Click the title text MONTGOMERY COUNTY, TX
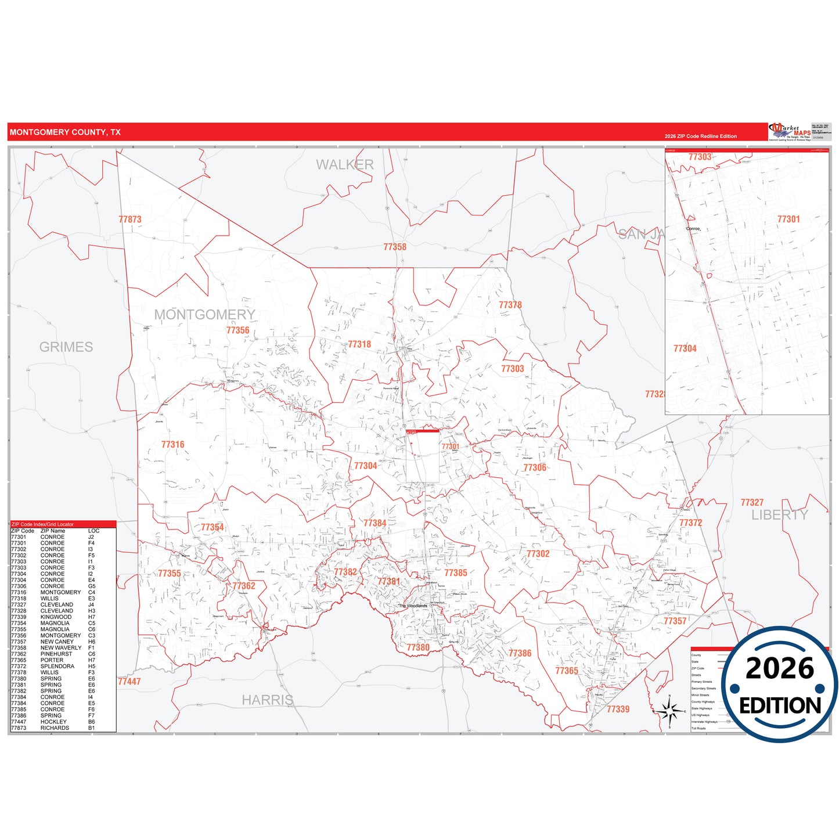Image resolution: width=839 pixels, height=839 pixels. tap(65, 132)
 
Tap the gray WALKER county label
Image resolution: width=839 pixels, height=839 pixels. tap(345, 165)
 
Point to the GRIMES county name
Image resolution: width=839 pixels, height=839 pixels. tap(66, 347)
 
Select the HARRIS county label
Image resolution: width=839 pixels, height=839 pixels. tap(268, 700)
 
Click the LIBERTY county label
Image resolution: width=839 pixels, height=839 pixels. tap(780, 515)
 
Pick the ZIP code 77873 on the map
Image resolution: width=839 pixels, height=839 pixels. tap(130, 219)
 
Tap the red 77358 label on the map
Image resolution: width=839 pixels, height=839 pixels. tap(395, 247)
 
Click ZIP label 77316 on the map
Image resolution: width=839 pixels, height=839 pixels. tap(173, 445)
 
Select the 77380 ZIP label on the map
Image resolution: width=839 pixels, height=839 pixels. tap(418, 647)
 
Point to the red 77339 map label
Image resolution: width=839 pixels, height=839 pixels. tap(618, 709)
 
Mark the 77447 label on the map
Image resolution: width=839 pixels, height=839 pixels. tap(129, 682)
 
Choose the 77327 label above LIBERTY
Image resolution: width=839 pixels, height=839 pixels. tap(752, 503)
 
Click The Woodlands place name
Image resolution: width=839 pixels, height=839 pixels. tap(413, 606)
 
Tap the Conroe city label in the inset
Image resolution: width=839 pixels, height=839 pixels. tap(693, 229)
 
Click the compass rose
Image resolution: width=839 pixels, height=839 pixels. tap(669, 710)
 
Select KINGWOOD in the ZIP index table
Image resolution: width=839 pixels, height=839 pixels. tap(56, 617)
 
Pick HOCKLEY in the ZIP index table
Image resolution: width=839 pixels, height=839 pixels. tap(53, 722)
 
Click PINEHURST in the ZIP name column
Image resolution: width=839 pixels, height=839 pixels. tap(56, 654)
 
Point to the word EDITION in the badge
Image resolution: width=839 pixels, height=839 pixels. tap(780, 705)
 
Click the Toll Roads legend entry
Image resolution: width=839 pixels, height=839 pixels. tap(698, 728)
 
